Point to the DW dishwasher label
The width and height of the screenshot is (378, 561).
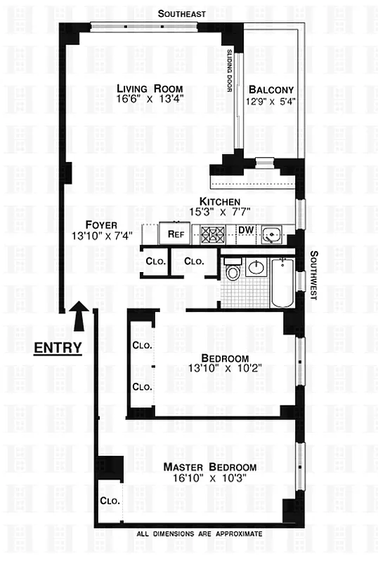tap(246, 230)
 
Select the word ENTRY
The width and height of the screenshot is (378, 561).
tap(58, 347)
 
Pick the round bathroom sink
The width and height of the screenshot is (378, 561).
tap(256, 267)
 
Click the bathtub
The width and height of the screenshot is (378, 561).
tap(282, 283)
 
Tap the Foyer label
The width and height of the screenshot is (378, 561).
tap(96, 225)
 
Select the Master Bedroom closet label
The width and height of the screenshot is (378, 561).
tap(110, 501)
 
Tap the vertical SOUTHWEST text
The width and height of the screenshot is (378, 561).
tap(314, 275)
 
